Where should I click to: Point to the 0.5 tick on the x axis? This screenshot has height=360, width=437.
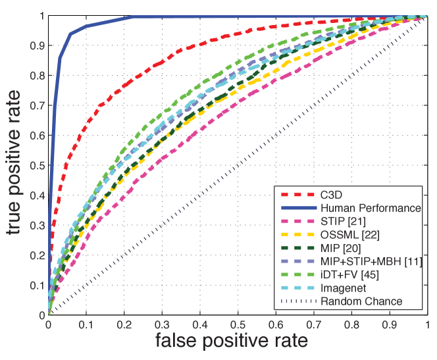click(x=238, y=324)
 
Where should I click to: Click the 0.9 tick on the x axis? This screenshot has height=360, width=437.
click(x=390, y=324)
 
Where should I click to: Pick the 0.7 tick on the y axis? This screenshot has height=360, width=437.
click(x=38, y=105)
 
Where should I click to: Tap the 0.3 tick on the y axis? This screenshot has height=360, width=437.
click(x=38, y=225)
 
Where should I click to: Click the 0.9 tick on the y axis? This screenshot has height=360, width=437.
click(x=38, y=45)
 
